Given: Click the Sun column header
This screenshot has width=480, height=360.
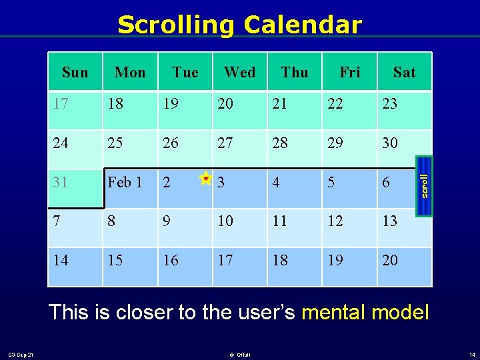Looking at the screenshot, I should (75, 72).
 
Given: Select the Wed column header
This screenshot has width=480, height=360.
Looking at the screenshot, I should (239, 72).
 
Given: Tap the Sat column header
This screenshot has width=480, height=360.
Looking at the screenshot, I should (404, 72).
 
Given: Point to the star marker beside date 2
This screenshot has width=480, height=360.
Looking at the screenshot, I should (206, 178).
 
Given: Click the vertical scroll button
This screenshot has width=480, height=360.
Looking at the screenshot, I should (424, 186).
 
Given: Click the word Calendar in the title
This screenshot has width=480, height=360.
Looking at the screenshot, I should (303, 25).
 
